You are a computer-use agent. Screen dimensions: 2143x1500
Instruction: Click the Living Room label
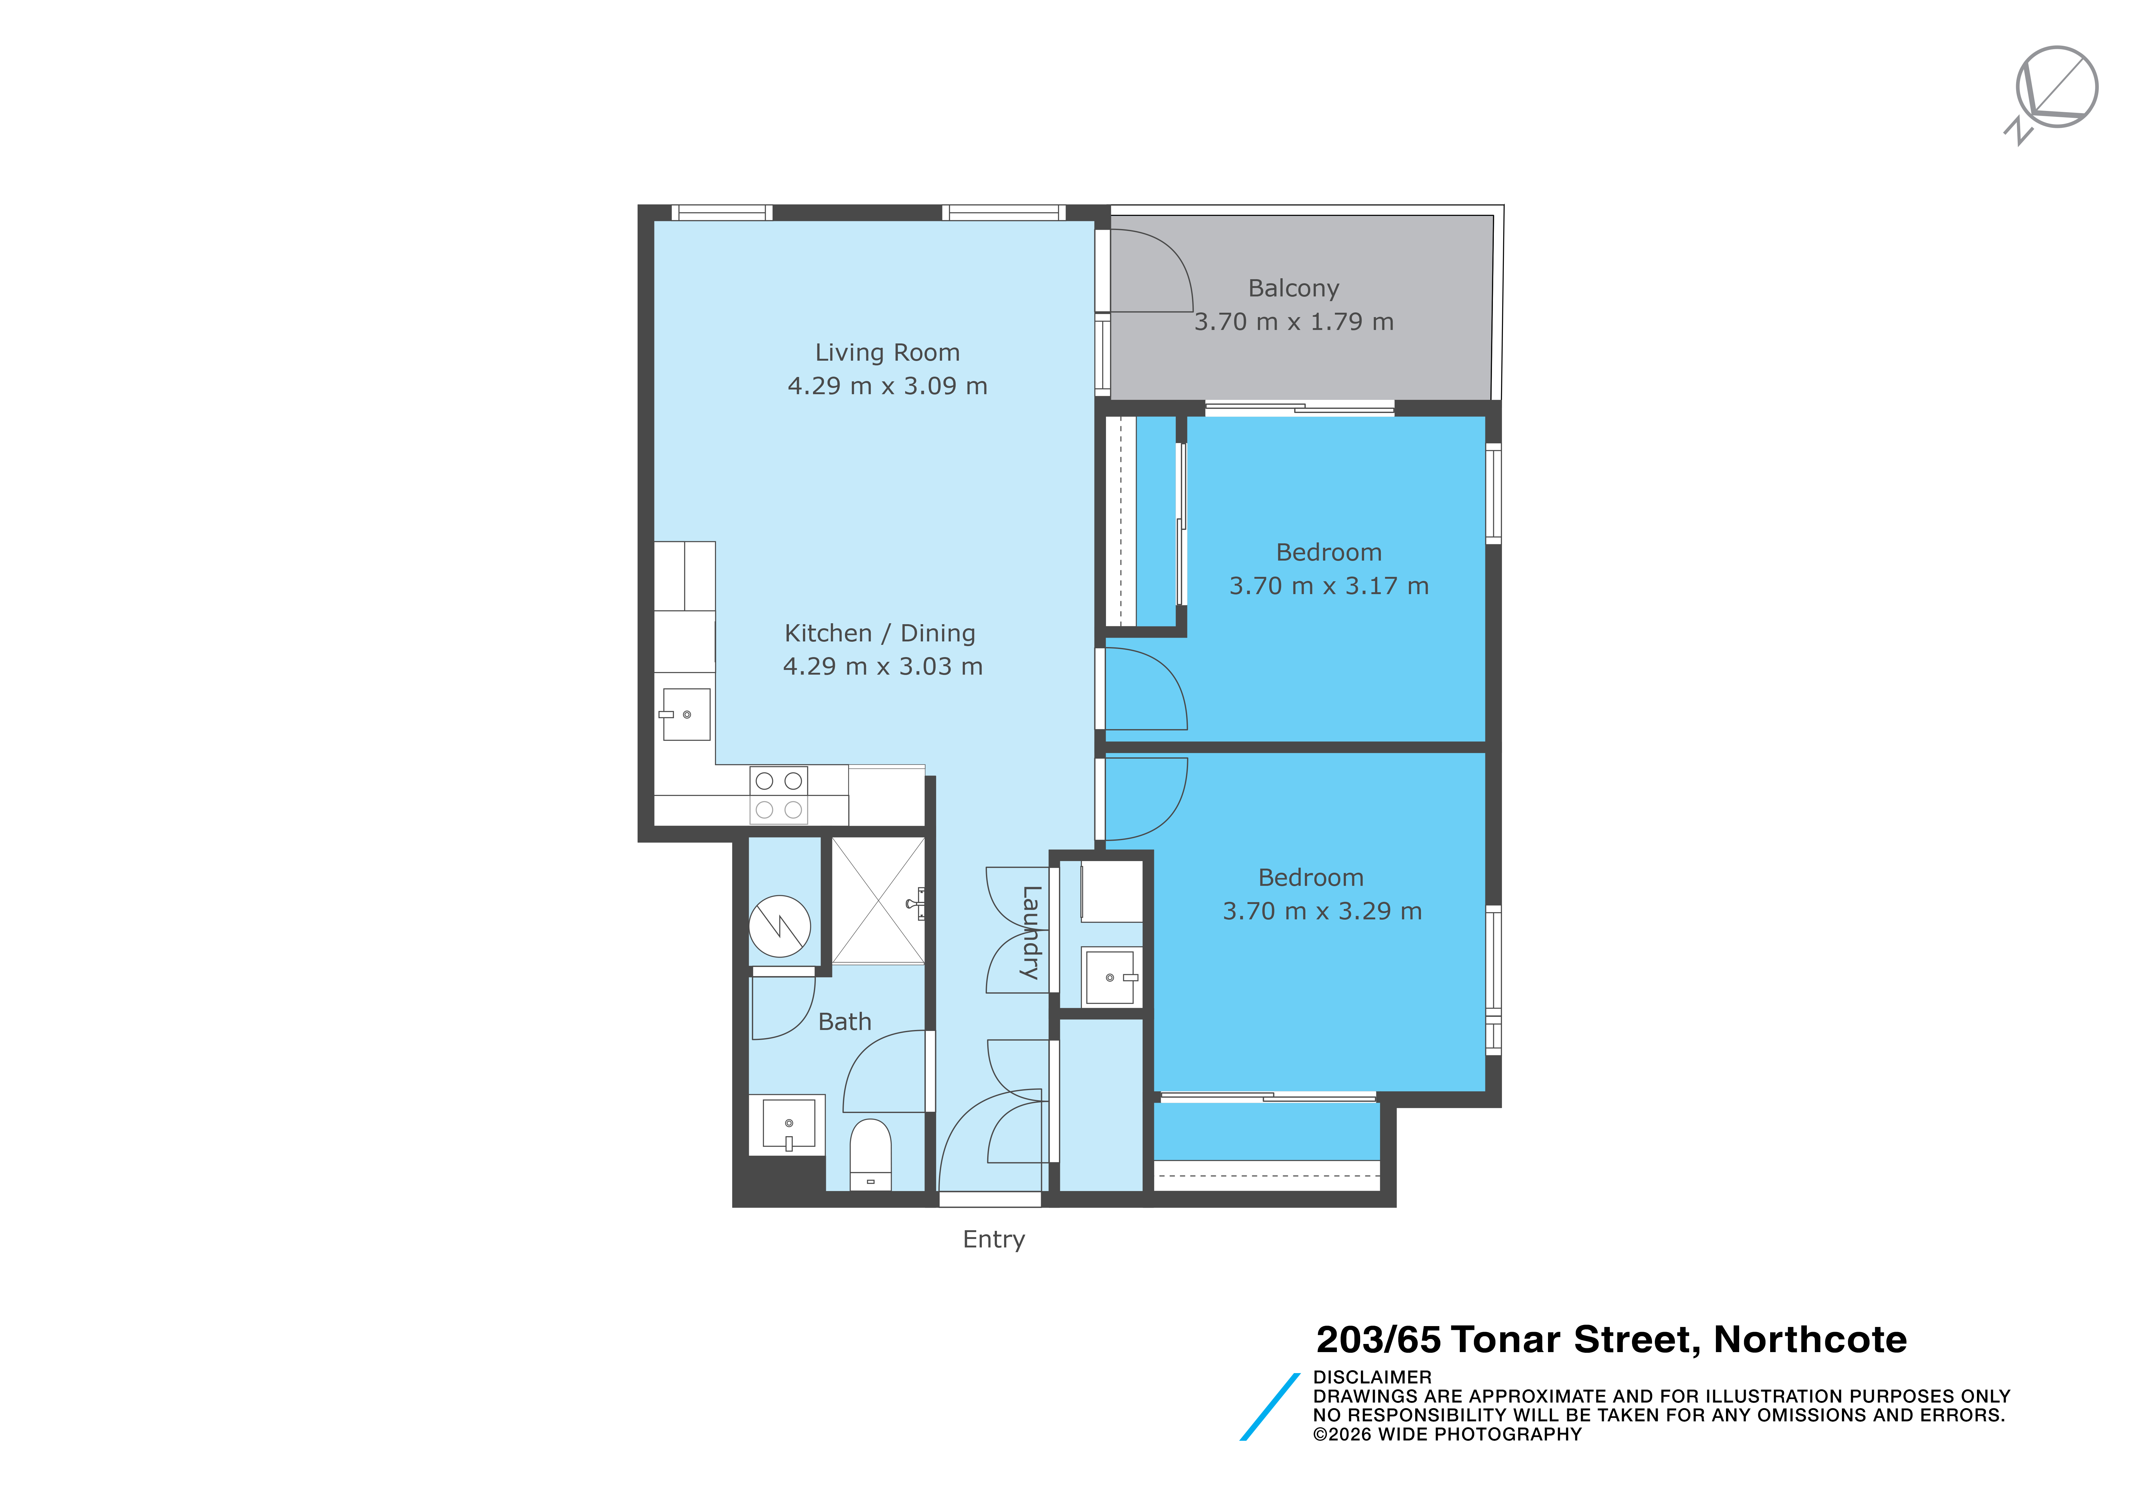click(887, 353)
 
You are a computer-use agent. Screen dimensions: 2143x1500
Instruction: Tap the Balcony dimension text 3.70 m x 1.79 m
click(1294, 322)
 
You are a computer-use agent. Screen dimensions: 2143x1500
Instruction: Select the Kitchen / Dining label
click(879, 634)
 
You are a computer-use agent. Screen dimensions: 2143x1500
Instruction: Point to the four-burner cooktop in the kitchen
click(779, 795)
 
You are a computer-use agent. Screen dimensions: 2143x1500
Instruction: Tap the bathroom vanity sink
click(789, 1124)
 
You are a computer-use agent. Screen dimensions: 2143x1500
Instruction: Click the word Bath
click(845, 1022)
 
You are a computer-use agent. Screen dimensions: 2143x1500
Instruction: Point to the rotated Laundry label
click(1030, 933)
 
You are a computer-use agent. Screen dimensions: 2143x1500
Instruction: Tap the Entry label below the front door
click(994, 1240)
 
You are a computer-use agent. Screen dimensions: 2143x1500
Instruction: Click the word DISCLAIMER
click(1372, 1378)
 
